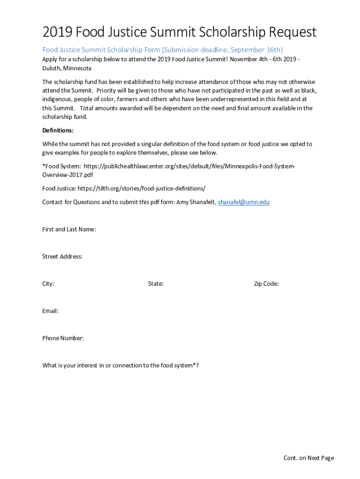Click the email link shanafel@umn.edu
244,202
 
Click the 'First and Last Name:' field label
69,229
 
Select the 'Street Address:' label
62,256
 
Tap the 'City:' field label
48,283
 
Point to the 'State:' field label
156,283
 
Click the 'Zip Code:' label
266,283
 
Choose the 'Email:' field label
50,311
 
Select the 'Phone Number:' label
63,338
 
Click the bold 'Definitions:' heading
58,131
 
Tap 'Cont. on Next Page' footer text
309,458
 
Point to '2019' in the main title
57,33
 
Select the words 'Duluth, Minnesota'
67,68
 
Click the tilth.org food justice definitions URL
141,189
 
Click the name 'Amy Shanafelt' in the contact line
196,202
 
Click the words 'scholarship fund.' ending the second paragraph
65,117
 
